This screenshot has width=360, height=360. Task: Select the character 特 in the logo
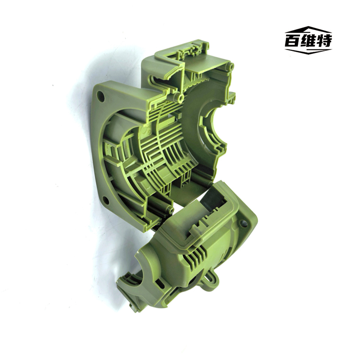[x=324, y=41]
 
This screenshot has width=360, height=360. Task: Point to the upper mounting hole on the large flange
[x=100, y=96]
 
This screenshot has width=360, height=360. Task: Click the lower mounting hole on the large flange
[x=106, y=200]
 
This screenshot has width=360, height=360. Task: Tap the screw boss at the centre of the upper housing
[x=180, y=98]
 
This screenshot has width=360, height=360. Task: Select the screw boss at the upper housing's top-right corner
[x=230, y=67]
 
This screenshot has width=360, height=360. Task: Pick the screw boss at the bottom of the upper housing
[x=171, y=210]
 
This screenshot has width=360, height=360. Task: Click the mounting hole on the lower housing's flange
[x=243, y=223]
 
